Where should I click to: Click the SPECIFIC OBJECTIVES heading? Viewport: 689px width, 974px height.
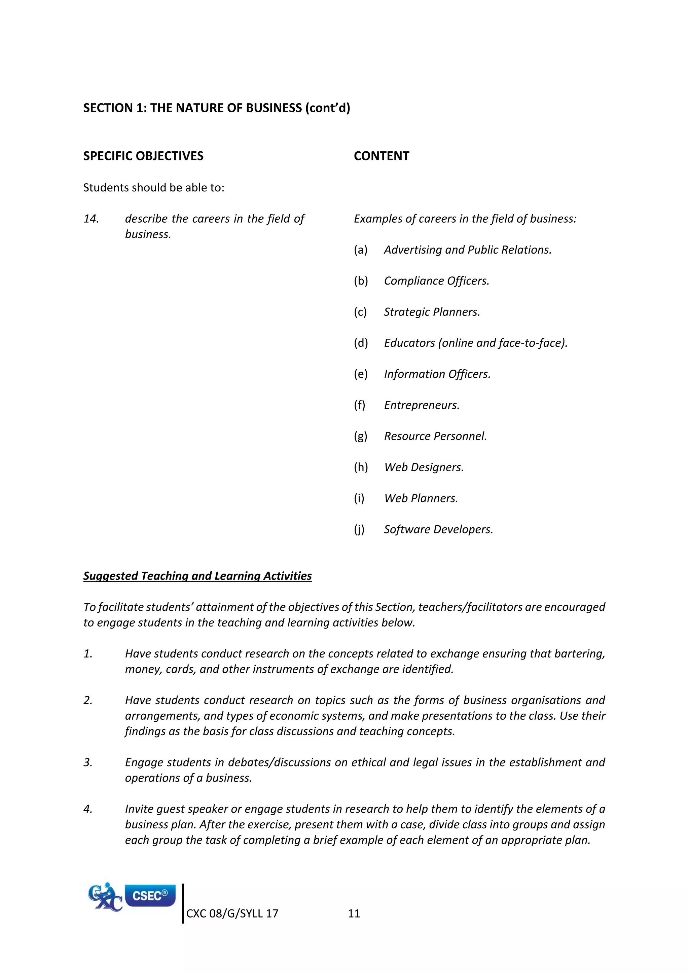143,156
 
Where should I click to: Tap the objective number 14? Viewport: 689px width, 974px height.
91,219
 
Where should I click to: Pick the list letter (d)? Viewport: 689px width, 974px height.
361,343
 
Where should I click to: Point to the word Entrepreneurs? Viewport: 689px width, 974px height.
421,406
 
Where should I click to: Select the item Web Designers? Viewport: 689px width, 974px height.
424,467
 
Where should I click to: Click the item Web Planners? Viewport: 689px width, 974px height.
421,498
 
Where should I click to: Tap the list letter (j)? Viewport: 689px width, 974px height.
359,529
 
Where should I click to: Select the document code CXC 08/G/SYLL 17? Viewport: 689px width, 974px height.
232,913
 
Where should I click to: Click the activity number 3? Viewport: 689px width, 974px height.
88,763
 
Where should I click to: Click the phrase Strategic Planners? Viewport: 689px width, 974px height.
432,312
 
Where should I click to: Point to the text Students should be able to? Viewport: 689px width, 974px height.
154,188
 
